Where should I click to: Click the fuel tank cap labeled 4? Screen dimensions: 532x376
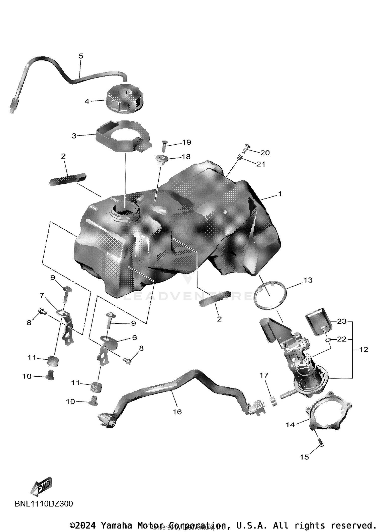point(125,99)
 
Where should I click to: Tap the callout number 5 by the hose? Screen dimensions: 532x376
point(81,56)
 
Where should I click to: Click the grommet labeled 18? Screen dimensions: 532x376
point(161,160)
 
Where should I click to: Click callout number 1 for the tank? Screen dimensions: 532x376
point(280,194)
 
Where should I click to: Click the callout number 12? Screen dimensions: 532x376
point(363,349)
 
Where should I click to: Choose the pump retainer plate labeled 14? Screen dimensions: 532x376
point(328,412)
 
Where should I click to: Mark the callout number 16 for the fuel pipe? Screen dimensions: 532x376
point(177,412)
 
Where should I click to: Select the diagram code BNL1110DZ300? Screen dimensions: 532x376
point(44,504)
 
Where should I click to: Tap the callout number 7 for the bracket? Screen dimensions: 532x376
point(42,296)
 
